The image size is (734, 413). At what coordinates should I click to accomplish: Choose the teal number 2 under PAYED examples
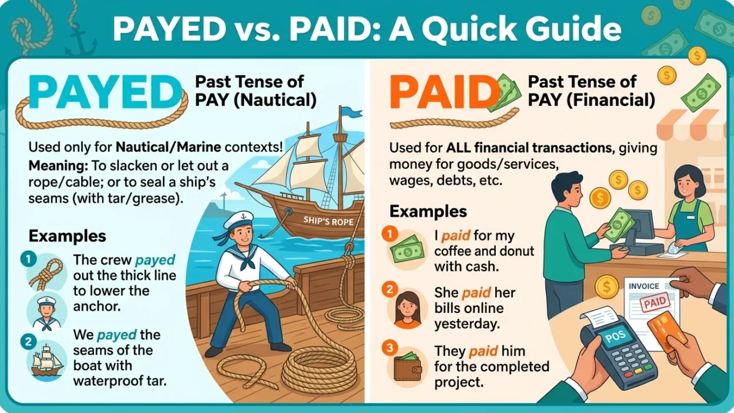(28, 340)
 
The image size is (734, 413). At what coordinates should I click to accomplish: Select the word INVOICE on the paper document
(644, 286)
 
